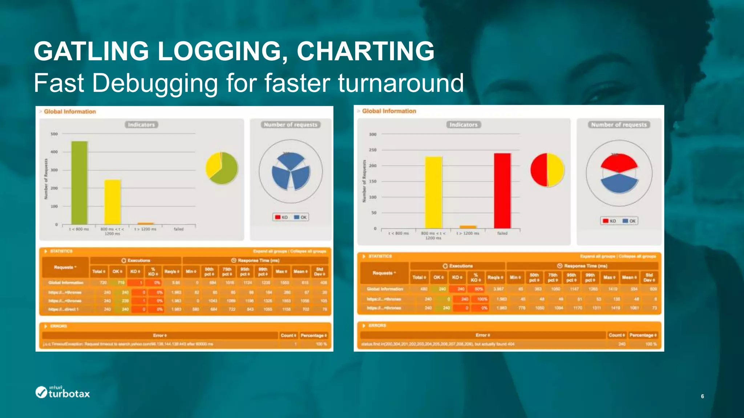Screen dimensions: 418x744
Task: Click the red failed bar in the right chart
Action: point(502,190)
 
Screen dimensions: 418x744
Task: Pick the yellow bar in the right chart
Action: point(433,192)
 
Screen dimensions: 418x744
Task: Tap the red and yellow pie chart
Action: point(547,170)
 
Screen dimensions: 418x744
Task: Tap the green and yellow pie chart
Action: point(222,168)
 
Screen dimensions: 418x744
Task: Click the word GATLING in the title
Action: point(91,51)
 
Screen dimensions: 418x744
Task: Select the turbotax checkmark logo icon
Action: point(41,392)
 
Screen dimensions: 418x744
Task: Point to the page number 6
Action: point(702,396)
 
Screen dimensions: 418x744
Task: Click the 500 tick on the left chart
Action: point(54,134)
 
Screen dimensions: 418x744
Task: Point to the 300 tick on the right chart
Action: point(373,134)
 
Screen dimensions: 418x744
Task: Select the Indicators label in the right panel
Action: point(463,125)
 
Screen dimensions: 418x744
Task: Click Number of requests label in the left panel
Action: point(290,125)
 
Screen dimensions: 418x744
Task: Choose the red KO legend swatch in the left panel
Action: point(278,217)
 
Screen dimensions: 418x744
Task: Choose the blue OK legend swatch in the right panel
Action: point(625,221)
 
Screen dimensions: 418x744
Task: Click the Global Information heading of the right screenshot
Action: point(389,111)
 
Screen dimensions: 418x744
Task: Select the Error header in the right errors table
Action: point(482,335)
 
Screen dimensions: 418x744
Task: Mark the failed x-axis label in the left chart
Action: point(178,229)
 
